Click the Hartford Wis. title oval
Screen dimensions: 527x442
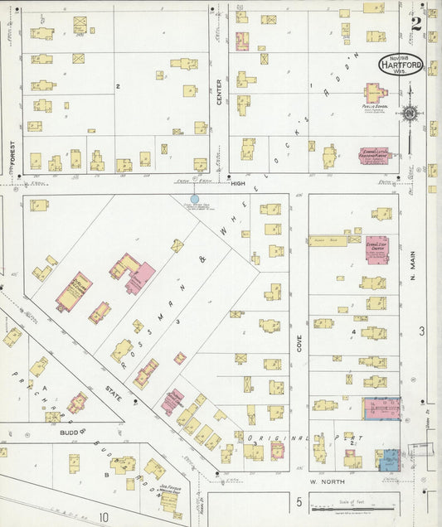coord(401,65)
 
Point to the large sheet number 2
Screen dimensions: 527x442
coord(415,22)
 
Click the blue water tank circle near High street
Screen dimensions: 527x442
coord(194,199)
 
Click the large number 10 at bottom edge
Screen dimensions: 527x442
coord(104,518)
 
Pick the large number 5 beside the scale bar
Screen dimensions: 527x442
coord(298,501)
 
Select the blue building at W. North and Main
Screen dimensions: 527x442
coord(387,460)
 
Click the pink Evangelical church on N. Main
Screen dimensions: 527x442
coord(377,249)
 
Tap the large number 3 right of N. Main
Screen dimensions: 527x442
coord(421,331)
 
